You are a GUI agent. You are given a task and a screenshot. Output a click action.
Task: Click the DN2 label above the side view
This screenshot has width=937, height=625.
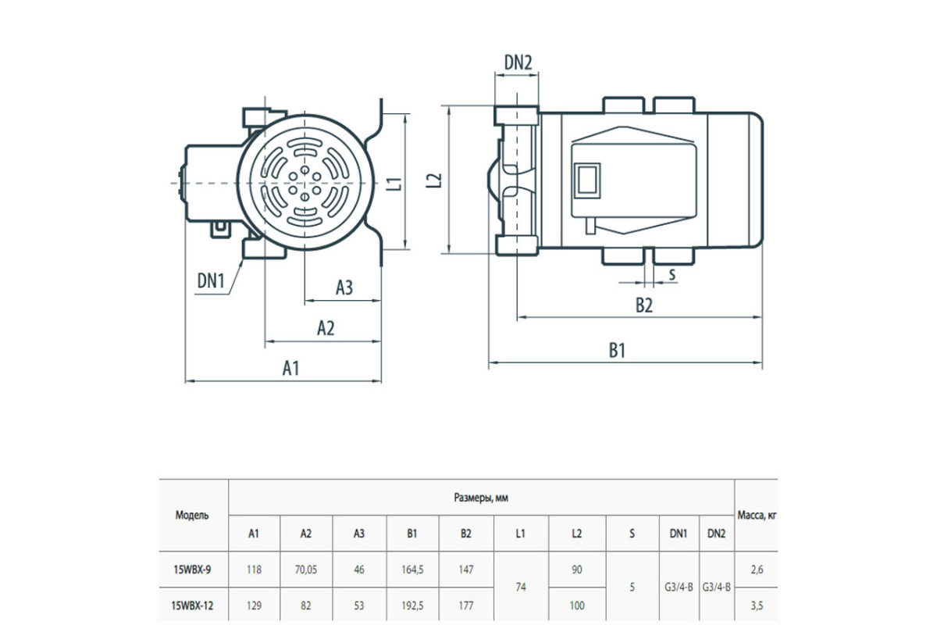click(x=518, y=62)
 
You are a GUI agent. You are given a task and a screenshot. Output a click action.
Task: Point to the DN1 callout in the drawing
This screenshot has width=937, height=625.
click(x=211, y=280)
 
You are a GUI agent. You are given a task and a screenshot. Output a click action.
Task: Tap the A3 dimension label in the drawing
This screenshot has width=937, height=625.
click(x=344, y=287)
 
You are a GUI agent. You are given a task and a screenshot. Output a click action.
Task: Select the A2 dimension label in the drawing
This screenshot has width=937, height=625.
click(x=326, y=328)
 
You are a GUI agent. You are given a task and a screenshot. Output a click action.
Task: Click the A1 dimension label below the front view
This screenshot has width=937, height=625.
click(x=290, y=369)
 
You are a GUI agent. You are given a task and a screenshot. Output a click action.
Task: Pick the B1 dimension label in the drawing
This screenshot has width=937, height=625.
click(x=617, y=350)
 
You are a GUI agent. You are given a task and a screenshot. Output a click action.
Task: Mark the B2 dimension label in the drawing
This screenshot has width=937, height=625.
click(x=644, y=305)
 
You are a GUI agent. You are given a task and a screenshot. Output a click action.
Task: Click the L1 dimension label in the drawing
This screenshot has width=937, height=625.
click(x=394, y=184)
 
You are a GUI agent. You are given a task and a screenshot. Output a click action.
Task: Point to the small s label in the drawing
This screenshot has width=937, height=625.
click(x=672, y=274)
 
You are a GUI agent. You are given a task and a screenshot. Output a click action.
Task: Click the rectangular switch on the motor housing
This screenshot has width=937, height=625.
click(x=587, y=180)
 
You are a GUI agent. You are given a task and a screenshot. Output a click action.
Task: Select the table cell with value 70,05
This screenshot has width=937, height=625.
click(x=306, y=570)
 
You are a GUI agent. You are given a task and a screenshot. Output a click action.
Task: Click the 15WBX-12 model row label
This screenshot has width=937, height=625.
click(x=192, y=605)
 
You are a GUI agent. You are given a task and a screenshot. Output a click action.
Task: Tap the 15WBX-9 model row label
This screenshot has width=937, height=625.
click(x=192, y=570)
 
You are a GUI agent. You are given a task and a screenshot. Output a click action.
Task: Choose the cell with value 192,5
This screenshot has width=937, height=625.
click(x=412, y=605)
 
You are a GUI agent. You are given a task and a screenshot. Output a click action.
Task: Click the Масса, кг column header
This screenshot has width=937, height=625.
click(x=757, y=515)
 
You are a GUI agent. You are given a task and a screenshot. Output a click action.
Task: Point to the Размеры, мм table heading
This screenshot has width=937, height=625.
click(x=481, y=498)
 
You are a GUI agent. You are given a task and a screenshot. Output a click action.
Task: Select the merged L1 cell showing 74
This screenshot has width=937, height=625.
click(x=521, y=587)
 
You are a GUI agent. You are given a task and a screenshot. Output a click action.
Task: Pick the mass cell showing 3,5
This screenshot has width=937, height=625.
click(x=757, y=605)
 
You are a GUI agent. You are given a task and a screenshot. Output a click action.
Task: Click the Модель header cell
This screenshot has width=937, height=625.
click(x=192, y=516)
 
